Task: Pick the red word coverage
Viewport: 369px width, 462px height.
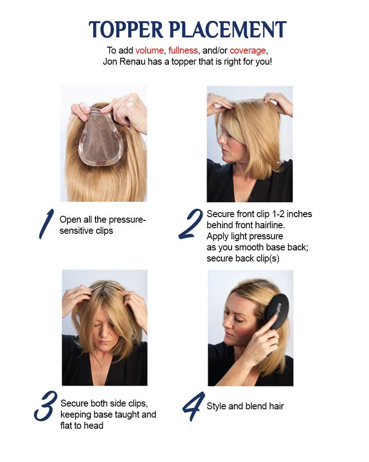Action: click(x=248, y=50)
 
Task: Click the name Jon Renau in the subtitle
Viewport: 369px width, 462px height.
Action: click(x=122, y=61)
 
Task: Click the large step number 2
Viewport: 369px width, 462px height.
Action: click(x=190, y=225)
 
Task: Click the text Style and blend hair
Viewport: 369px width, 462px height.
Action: click(x=245, y=407)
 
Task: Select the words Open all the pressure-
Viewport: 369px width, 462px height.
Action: click(x=102, y=219)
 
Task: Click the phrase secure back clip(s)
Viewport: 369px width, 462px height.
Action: click(x=243, y=258)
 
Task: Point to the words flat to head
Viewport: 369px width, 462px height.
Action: click(x=82, y=426)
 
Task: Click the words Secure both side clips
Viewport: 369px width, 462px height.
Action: click(x=104, y=403)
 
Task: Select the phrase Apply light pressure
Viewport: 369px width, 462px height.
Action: click(x=244, y=236)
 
